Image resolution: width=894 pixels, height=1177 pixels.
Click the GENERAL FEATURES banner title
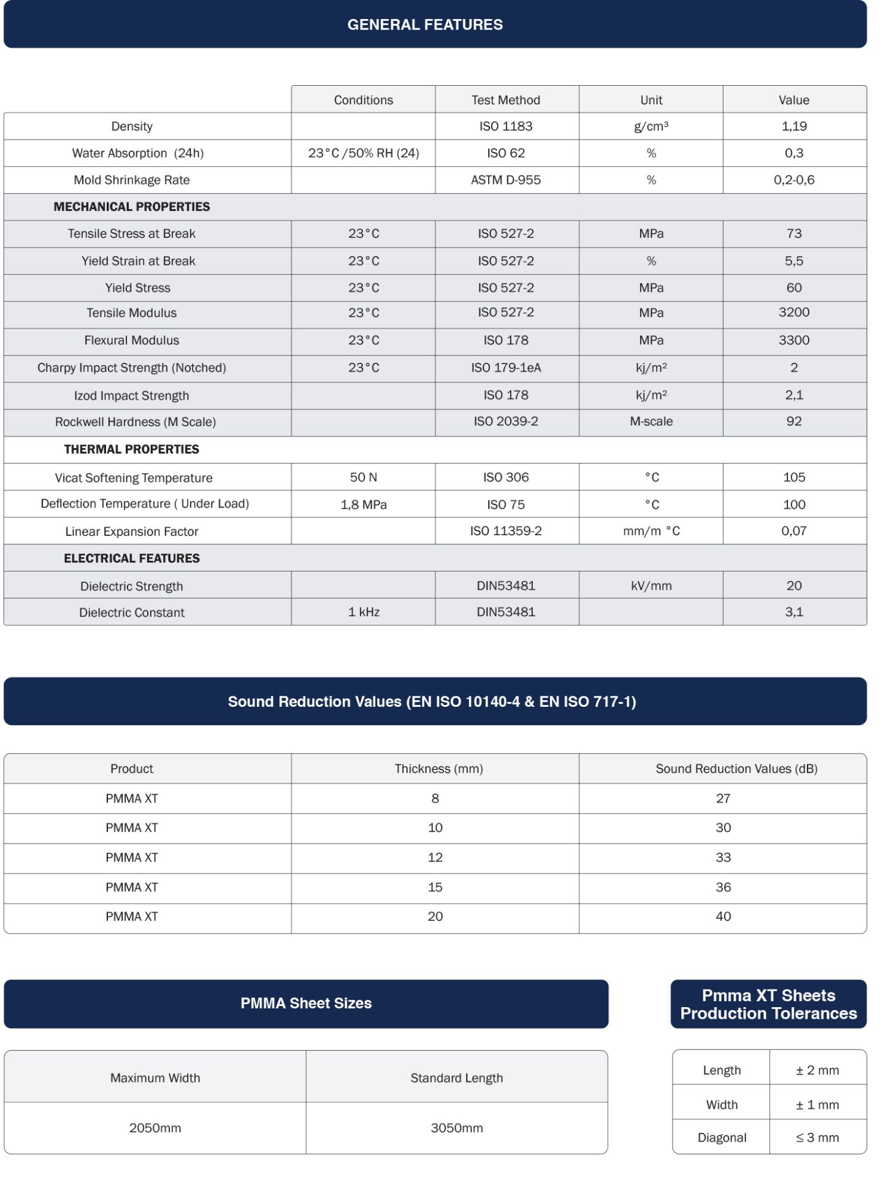425,25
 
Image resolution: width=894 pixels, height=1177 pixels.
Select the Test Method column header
506,100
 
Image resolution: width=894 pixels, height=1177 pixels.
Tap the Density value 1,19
794,126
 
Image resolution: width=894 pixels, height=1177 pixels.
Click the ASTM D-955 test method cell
506,180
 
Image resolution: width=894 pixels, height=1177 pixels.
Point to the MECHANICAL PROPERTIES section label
132,207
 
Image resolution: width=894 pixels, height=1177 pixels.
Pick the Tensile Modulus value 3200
794,313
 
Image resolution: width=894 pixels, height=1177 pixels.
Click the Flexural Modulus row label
132,340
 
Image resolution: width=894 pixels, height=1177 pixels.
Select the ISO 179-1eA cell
506,368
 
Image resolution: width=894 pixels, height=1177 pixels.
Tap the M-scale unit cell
651,422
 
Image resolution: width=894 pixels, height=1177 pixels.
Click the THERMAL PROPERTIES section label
132,449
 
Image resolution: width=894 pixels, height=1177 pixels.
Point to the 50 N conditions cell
364,478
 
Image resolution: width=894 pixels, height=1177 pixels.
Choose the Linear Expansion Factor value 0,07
794,531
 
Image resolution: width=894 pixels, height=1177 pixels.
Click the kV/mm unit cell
651,586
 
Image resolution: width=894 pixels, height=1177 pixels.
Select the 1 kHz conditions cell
364,612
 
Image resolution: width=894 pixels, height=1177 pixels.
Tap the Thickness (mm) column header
438,769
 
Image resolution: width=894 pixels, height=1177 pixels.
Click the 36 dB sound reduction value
724,887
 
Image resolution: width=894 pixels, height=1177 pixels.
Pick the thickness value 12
435,858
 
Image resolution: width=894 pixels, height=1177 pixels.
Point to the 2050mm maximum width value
155,1128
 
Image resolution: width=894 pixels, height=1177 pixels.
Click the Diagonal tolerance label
722,1138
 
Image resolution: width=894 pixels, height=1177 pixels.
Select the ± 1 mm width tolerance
817,1105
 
